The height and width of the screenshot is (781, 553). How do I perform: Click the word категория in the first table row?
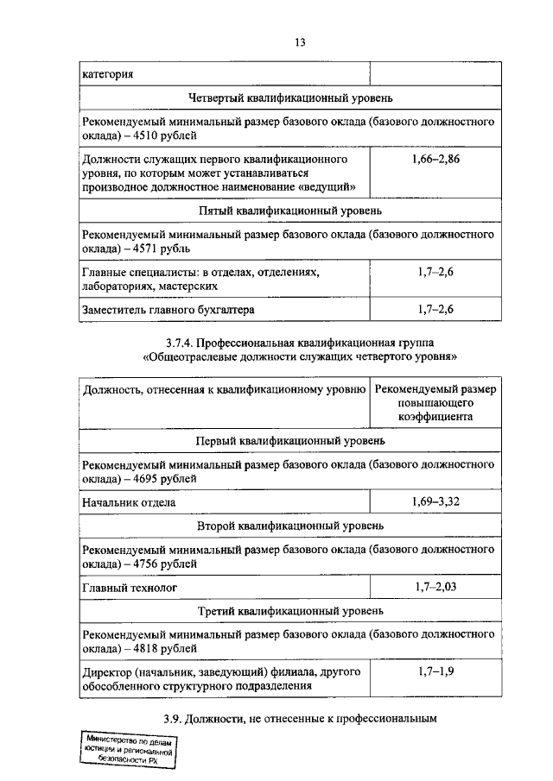(x=107, y=73)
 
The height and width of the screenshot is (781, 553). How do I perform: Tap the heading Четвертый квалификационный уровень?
(x=289, y=99)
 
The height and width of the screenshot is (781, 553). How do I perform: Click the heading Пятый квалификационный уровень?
(x=289, y=211)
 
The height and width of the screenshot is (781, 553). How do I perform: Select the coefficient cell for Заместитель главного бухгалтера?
(x=435, y=308)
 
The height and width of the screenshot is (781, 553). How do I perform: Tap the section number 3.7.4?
(x=182, y=342)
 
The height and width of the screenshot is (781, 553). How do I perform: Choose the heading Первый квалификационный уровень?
(x=289, y=440)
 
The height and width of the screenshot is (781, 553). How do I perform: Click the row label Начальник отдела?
(x=129, y=501)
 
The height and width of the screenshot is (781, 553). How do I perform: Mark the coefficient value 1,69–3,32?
(x=435, y=501)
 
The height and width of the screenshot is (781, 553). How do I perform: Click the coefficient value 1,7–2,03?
(x=435, y=586)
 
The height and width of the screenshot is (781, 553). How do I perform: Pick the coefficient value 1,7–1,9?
(x=435, y=671)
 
